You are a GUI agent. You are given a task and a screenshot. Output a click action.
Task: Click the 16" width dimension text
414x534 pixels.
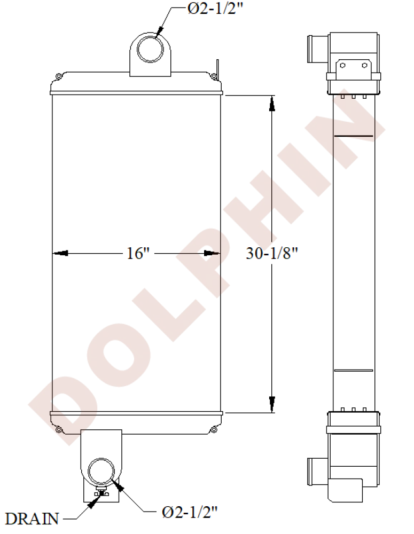(x=138, y=253)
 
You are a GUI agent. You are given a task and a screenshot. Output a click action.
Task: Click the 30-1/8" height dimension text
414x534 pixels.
(x=272, y=253)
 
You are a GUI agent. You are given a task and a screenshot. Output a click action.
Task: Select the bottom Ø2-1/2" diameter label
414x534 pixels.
(x=190, y=512)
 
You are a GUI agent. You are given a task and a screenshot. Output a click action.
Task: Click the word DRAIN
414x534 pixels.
(x=32, y=519)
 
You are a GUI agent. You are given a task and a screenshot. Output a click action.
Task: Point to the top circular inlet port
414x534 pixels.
(x=150, y=49)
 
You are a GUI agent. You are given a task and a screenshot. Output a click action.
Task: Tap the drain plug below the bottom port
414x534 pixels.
(x=101, y=492)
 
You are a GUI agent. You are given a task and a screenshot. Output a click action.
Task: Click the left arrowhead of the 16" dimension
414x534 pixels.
(x=60, y=253)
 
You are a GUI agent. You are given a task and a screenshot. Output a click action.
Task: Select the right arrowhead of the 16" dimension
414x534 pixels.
(x=212, y=253)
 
